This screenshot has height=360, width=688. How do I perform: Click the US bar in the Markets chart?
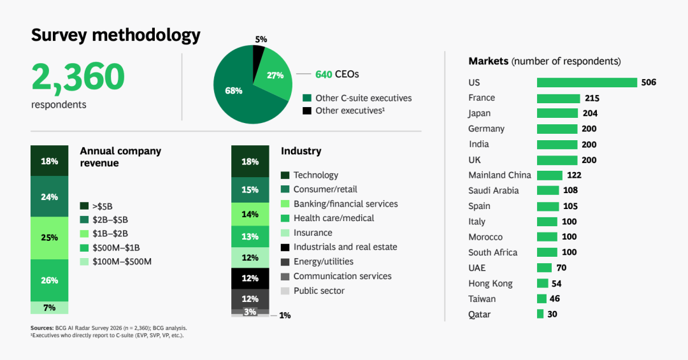tap(587, 82)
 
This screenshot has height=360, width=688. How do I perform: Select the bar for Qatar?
tap(540, 314)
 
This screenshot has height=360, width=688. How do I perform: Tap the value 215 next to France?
tap(592, 98)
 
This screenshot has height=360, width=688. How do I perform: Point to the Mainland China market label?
tap(499, 175)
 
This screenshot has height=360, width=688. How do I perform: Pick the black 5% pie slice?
tap(258, 55)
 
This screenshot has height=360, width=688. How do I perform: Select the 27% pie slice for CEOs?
tap(275, 75)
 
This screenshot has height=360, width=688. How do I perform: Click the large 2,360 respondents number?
tap(78, 76)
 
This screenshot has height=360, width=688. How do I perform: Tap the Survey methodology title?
tap(115, 34)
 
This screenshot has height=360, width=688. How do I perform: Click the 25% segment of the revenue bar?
tap(50, 238)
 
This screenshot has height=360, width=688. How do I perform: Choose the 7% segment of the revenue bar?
tap(50, 308)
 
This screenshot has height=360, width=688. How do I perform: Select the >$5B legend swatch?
tap(84, 206)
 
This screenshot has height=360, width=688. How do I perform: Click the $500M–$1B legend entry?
tap(120, 247)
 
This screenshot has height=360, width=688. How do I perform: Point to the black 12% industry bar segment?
tap(250, 278)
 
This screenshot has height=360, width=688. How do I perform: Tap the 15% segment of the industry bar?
tap(250, 190)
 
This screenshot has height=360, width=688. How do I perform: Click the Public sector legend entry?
tap(319, 291)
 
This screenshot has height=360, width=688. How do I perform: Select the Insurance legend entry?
tap(312, 233)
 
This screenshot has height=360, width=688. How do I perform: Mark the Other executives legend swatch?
tap(307, 111)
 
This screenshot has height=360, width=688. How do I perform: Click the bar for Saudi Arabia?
tap(547, 191)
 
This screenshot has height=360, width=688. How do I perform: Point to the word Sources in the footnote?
tap(41, 328)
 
